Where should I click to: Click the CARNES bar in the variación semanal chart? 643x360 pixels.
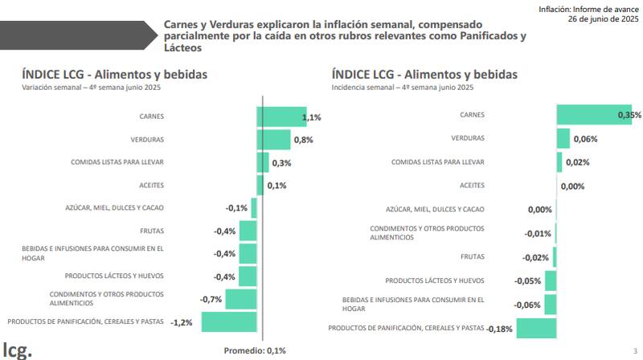[281, 117]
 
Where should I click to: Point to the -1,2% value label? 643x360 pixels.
[182, 322]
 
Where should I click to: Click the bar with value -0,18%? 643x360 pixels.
[536, 328]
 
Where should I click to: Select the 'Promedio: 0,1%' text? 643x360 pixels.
[254, 350]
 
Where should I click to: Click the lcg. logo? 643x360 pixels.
[17, 349]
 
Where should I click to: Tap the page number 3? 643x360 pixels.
[634, 350]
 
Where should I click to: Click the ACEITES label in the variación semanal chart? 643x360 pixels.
[151, 185]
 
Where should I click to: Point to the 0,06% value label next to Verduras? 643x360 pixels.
[584, 139]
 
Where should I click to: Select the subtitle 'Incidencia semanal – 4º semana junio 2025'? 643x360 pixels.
[403, 87]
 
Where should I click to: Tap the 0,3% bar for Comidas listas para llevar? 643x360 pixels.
[263, 162]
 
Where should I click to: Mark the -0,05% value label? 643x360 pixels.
[527, 281]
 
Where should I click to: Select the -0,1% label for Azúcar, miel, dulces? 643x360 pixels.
[236, 208]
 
